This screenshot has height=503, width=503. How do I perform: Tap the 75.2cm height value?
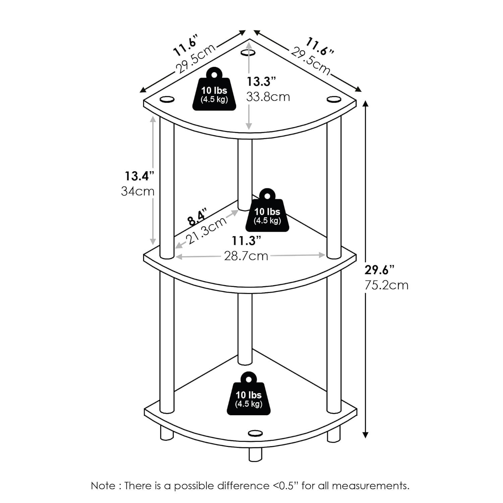tap(387, 285)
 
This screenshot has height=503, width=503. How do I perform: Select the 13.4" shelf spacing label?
tap(139, 176)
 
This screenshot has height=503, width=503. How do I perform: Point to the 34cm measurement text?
tap(138, 191)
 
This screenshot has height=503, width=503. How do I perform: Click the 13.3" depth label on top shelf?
tap(261, 81)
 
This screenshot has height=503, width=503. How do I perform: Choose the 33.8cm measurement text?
tap(268, 97)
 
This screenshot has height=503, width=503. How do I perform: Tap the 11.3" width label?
tap(247, 240)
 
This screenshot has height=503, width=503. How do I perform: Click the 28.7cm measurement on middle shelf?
tap(246, 256)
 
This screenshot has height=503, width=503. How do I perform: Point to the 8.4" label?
tap(197, 217)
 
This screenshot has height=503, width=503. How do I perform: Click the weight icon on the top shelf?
tap(214, 89)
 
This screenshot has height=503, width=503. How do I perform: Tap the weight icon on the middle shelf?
tap(267, 210)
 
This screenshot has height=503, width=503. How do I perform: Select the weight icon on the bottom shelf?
tap(248, 393)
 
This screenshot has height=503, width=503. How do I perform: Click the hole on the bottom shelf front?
tap(256, 433)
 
